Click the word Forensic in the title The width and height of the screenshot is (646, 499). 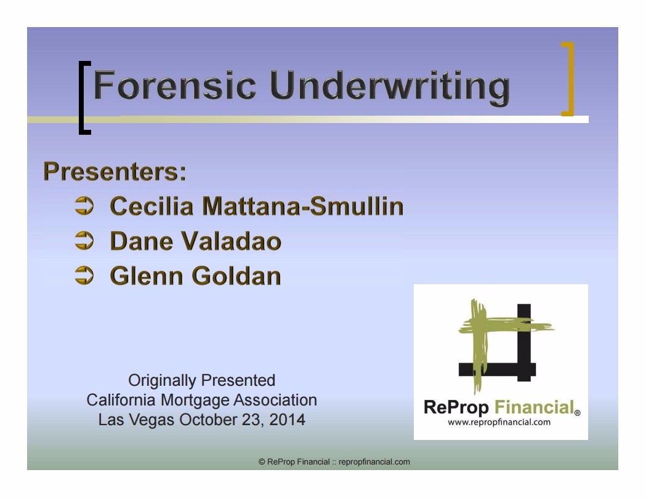(x=175, y=85)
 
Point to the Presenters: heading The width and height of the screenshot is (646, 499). (x=115, y=171)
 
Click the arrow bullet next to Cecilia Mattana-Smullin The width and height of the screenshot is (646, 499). (x=84, y=206)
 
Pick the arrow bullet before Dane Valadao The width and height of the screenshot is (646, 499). (x=84, y=241)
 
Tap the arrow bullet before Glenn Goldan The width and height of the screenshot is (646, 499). (x=84, y=276)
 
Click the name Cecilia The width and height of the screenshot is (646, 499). (x=151, y=206)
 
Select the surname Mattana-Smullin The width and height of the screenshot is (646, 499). (x=303, y=206)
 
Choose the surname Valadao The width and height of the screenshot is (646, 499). (x=231, y=241)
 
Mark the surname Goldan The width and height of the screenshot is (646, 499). (x=236, y=276)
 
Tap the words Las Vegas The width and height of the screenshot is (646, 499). (x=136, y=420)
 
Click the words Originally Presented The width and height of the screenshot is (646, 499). (x=201, y=381)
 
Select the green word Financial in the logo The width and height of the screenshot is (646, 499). (x=535, y=407)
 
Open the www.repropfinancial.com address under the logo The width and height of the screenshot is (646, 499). (x=499, y=422)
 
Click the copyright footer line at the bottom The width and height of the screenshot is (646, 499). (x=334, y=462)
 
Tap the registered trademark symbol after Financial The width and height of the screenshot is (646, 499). (x=578, y=412)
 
